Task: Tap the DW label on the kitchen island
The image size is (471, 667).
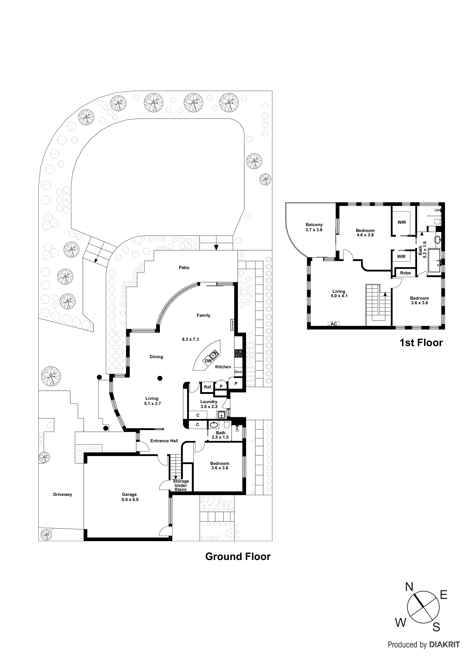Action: [208, 361]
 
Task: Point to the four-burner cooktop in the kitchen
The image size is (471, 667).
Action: [238, 353]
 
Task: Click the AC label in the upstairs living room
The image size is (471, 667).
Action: [334, 324]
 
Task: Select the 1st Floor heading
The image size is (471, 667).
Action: [421, 343]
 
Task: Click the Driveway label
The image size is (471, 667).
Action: [62, 494]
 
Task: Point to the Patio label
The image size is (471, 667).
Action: [184, 268]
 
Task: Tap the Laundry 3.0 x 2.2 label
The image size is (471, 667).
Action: [209, 404]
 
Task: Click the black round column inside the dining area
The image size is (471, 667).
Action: [160, 378]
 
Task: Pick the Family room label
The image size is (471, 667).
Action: [203, 315]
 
